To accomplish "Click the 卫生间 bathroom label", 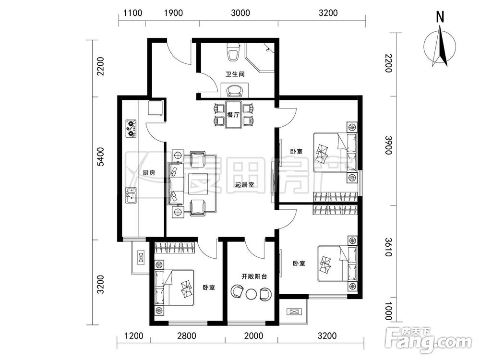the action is tap(235, 74).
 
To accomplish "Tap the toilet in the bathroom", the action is tap(233, 52).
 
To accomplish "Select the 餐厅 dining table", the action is tap(233, 115).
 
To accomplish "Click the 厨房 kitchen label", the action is tap(149, 173).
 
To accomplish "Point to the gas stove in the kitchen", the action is tap(131, 128).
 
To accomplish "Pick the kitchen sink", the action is tap(131, 195).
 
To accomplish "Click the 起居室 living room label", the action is tap(245, 185).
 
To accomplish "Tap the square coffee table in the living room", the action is tap(198, 184).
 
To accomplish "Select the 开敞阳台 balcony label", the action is tap(254, 276).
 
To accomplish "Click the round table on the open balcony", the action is tap(251, 294).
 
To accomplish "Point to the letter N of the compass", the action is tap(440, 17).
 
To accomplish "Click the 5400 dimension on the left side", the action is tap(100, 157).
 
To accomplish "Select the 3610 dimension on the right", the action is tap(389, 247).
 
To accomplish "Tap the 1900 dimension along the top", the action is tap(174, 13).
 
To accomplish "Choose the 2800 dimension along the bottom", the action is tap(187, 336).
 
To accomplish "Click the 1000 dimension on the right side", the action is tap(388, 311).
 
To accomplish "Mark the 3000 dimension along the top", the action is tap(240, 13).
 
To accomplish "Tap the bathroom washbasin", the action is tap(235, 90).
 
